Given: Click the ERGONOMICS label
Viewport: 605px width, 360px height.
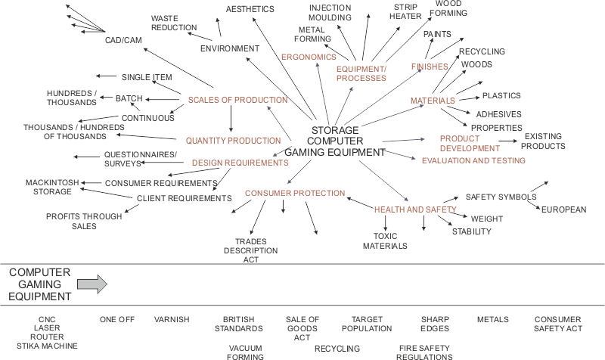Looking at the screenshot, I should [309, 57].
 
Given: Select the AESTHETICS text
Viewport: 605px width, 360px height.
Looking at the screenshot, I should [250, 9].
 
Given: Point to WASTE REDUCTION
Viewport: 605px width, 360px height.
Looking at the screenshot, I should [174, 22].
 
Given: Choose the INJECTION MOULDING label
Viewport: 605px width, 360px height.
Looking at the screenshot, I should [330, 12].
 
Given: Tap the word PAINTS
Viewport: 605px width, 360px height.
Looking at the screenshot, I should [438, 34].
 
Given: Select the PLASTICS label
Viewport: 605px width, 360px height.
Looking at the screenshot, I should [501, 96].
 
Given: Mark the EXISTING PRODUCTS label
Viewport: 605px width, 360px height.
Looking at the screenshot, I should [543, 141].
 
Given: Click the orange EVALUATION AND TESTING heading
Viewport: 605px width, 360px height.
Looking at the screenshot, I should [473, 160].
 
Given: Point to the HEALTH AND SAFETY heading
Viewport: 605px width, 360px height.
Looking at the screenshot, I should [416, 209].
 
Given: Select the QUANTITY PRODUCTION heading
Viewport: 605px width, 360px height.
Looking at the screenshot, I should [234, 140].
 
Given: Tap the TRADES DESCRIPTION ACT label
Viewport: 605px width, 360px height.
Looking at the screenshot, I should [251, 250].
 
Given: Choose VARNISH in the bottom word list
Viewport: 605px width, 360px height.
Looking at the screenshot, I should [172, 319].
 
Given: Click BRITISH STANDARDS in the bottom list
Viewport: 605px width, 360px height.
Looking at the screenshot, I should [243, 324].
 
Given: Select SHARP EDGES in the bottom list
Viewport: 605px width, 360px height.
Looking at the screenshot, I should [435, 324].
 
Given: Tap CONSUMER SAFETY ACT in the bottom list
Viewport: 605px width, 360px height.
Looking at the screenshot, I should [559, 324].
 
